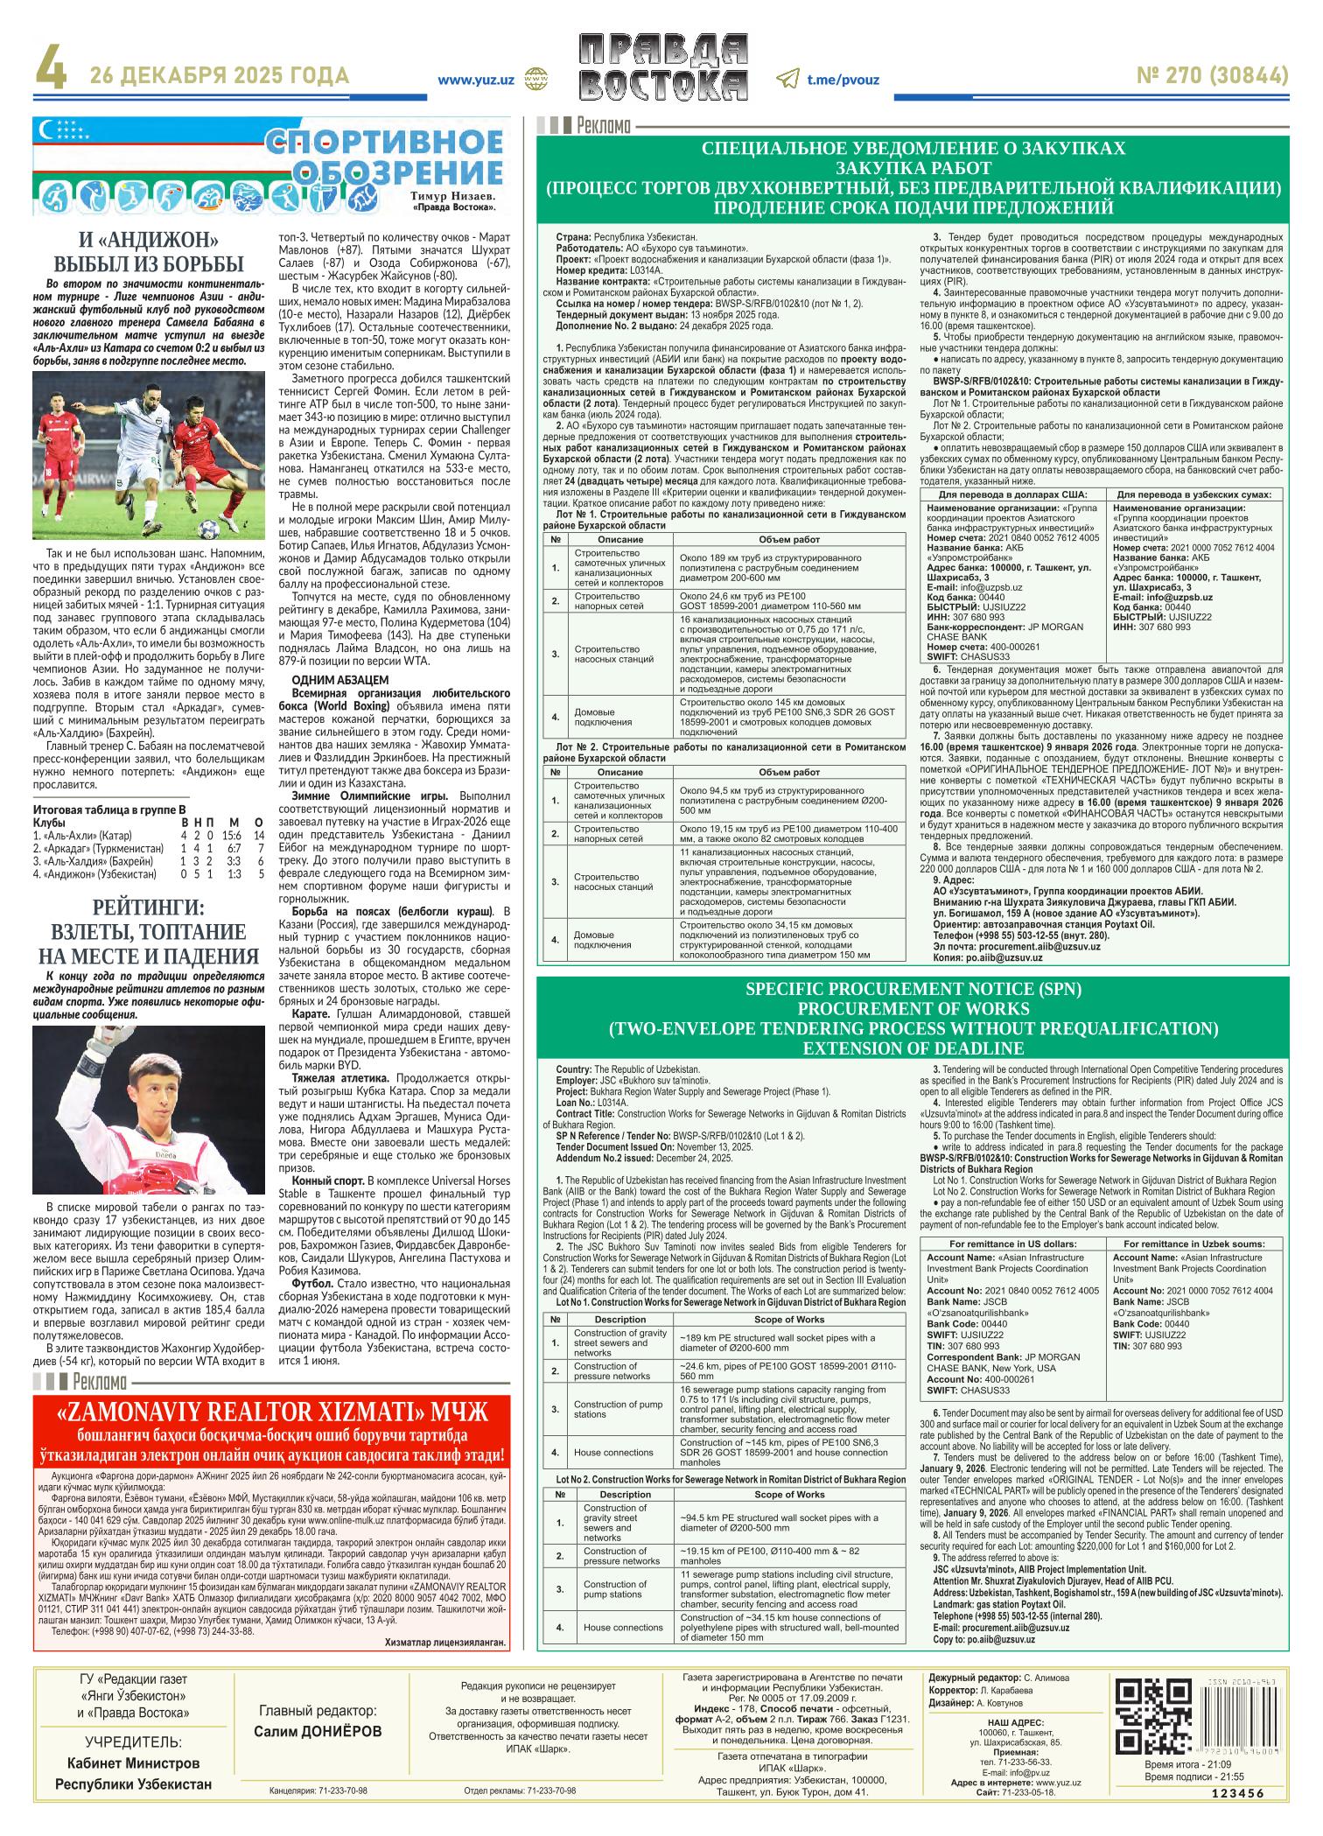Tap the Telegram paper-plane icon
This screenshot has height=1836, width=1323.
coord(787,78)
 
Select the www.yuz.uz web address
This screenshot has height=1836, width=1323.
coord(476,79)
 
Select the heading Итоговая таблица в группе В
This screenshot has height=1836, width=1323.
coord(109,810)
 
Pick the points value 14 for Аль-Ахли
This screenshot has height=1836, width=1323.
coord(259,835)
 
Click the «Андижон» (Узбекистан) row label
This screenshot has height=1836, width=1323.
coord(100,873)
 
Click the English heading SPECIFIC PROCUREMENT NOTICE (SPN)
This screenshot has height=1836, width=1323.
coord(913,990)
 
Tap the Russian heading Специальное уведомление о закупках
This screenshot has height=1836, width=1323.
coord(913,149)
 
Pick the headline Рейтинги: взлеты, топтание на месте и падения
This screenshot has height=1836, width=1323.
coord(148,931)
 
